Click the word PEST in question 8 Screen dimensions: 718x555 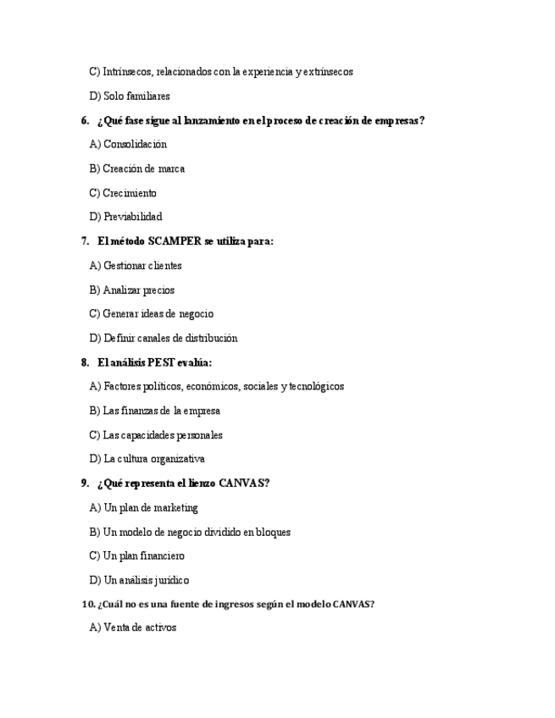(x=161, y=362)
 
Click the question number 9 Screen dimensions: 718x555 (x=85, y=483)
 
